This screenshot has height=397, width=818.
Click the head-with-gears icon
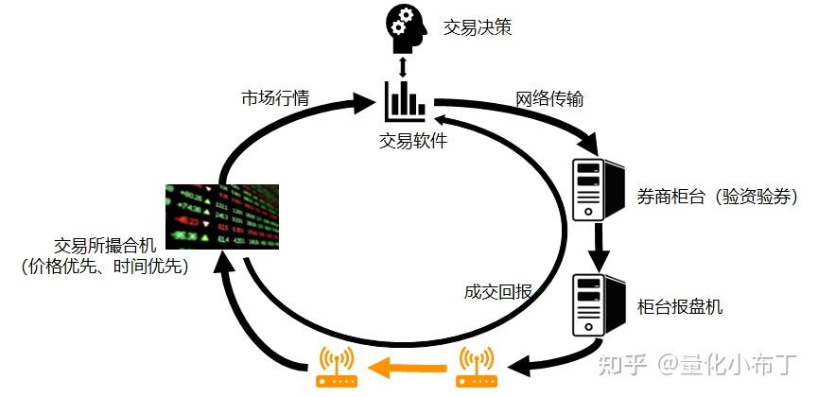pyautogui.click(x=406, y=27)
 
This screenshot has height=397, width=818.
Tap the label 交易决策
pyautogui.click(x=478, y=27)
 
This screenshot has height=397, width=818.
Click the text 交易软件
pyautogui.click(x=413, y=141)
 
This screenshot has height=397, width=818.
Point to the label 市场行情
pyautogui.click(x=275, y=98)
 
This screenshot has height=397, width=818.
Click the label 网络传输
pyautogui.click(x=549, y=98)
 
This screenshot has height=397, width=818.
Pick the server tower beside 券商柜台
pyautogui.click(x=599, y=189)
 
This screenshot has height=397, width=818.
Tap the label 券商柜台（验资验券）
pyautogui.click(x=719, y=197)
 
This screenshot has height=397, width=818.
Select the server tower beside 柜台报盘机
pyautogui.click(x=599, y=304)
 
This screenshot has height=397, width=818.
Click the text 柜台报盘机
pyautogui.click(x=680, y=306)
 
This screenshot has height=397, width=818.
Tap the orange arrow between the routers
pyautogui.click(x=407, y=369)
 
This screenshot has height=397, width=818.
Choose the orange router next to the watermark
pyautogui.click(x=477, y=368)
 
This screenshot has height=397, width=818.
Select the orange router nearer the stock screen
pyautogui.click(x=337, y=368)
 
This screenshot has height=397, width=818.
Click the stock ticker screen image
pyautogui.click(x=222, y=216)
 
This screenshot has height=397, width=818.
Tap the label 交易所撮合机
pyautogui.click(x=105, y=245)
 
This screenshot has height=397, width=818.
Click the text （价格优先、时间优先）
pyautogui.click(x=105, y=268)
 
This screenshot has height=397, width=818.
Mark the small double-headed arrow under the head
pyautogui.click(x=402, y=67)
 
